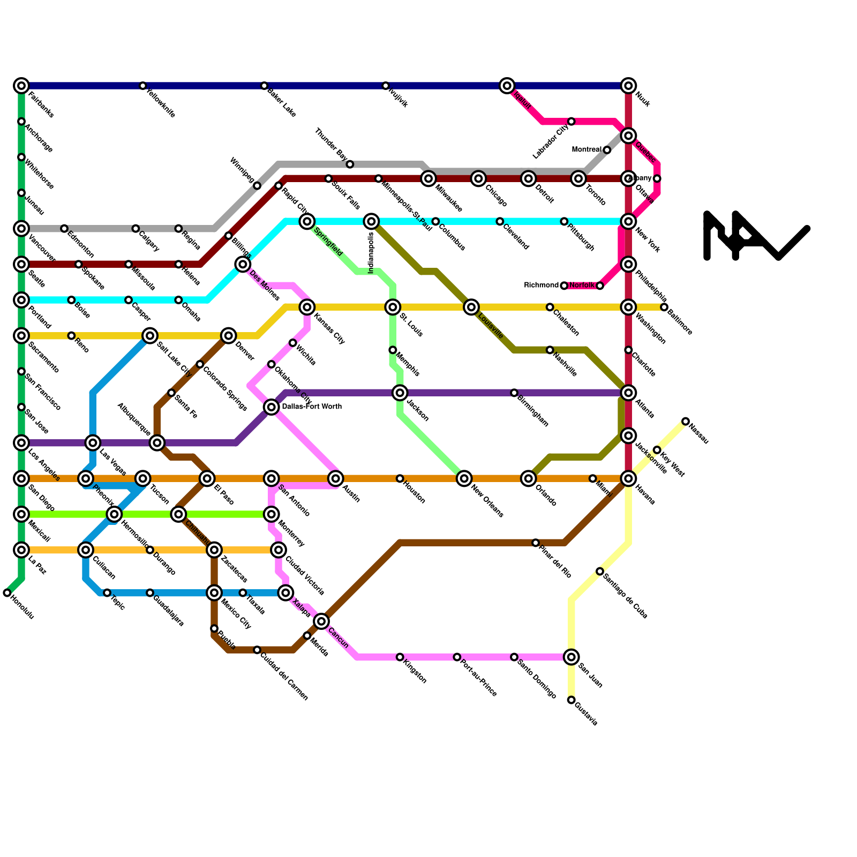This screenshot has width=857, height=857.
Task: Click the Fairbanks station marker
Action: point(21,86)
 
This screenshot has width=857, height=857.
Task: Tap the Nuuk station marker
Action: point(628,86)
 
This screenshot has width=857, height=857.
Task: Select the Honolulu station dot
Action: point(7,593)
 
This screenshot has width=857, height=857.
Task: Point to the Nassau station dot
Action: point(686,422)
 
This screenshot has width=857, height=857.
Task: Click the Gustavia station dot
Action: point(572,700)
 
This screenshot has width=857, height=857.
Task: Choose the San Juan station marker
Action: point(572,657)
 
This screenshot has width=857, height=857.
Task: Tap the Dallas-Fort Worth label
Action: point(311,407)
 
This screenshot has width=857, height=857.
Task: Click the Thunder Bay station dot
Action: point(350,164)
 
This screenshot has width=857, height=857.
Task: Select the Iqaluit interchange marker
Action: point(507,86)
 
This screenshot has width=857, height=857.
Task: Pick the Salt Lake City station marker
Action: point(151,336)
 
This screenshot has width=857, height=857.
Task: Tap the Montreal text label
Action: point(587,150)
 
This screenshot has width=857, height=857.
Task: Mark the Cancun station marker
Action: point(321,621)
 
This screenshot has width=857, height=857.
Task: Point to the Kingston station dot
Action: point(400,657)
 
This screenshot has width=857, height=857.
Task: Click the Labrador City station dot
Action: point(572,122)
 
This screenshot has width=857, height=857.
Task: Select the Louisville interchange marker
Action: point(471,307)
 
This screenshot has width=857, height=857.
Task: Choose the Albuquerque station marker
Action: point(157,442)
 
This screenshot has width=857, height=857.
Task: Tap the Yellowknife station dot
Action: point(143,86)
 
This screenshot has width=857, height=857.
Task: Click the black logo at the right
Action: point(756,236)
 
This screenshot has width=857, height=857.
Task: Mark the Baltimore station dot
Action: point(664,307)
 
